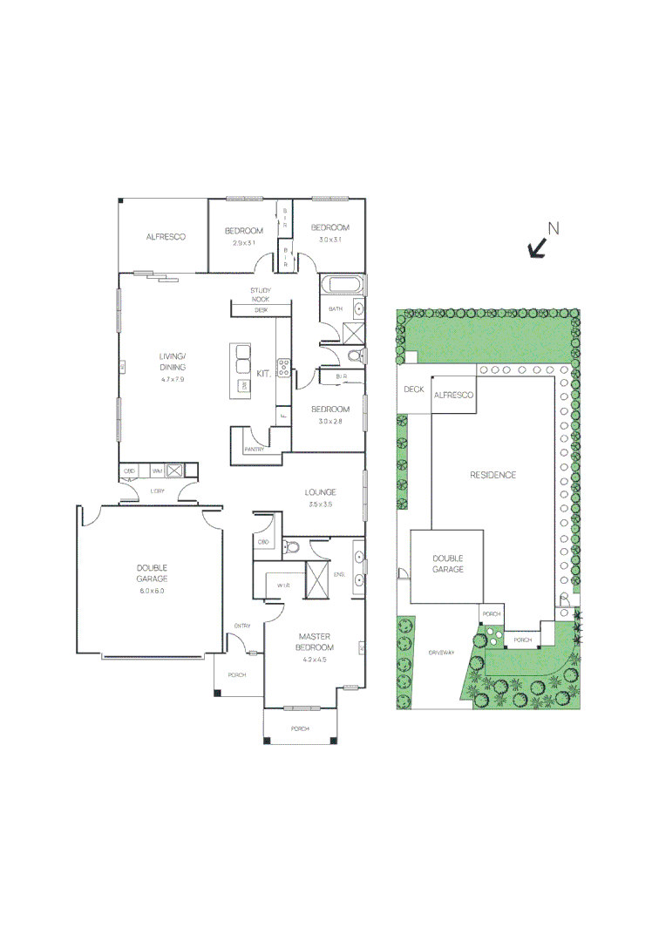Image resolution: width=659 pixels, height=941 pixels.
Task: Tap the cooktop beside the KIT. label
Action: point(283,368)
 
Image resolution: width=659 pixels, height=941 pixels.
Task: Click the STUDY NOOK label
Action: point(261,294)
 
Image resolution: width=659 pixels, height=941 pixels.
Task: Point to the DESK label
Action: point(261,310)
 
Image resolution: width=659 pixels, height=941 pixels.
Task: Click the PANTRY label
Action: point(255,450)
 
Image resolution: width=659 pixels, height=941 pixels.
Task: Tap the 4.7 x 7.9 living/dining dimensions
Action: point(173,380)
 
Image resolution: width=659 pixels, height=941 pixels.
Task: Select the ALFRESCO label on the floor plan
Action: point(166,236)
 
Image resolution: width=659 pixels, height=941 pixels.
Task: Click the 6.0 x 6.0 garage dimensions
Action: point(151,591)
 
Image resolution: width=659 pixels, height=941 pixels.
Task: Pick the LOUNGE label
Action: point(321,492)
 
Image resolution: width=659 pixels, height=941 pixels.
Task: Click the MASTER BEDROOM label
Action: point(316,642)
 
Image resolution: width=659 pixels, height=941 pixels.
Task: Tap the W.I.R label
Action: point(283,586)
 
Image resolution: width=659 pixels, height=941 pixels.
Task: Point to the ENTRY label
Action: point(242,626)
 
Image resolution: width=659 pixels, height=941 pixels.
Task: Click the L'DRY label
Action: point(158,491)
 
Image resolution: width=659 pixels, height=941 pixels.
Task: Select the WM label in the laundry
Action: point(158,471)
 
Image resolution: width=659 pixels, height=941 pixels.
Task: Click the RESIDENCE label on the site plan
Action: point(493,475)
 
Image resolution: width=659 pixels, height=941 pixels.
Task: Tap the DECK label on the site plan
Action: point(414,389)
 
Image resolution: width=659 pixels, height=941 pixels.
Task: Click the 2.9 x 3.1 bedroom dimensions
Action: point(244,242)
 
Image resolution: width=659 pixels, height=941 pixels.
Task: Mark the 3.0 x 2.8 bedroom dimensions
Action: point(331,421)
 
